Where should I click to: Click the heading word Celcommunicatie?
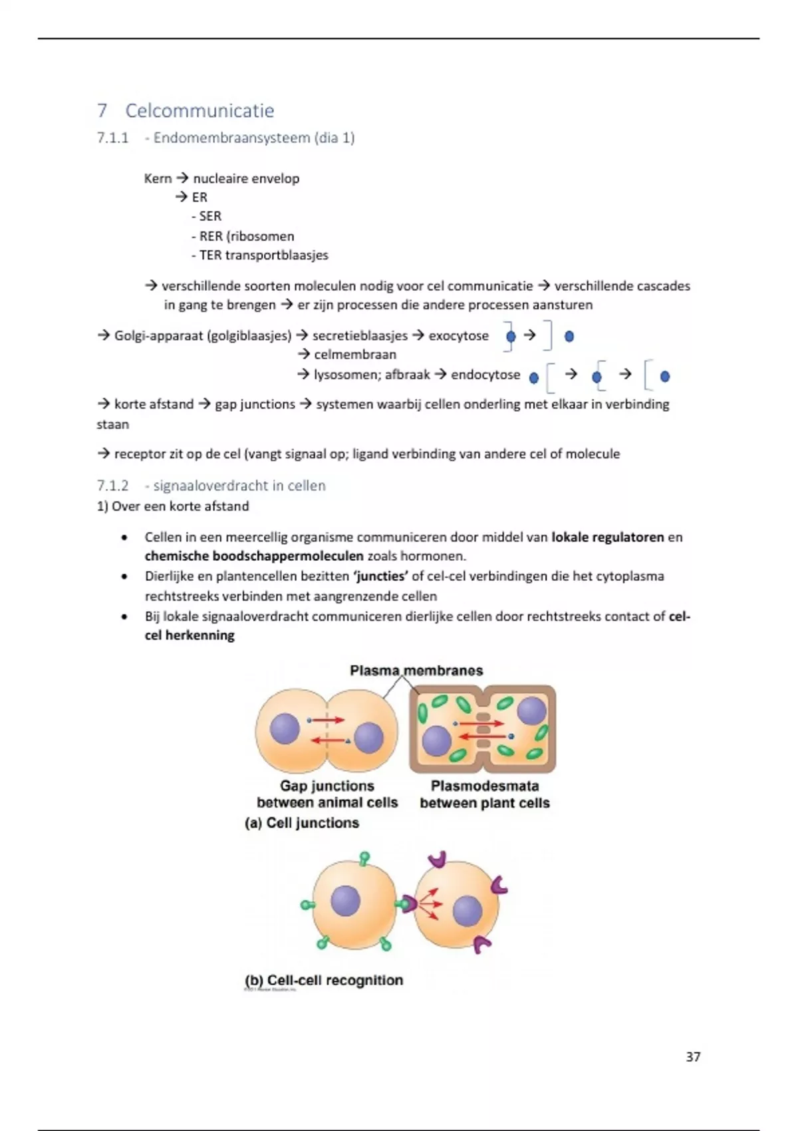point(199,110)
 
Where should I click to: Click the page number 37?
point(693,1056)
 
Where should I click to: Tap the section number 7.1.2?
point(112,486)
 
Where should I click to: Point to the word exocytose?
point(458,335)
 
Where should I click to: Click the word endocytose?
point(485,375)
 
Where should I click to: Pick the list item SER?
point(209,216)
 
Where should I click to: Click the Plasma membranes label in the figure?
point(416,671)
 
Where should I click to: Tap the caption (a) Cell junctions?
point(302,823)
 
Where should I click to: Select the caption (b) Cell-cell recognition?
point(324,980)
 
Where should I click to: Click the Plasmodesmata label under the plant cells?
point(485,786)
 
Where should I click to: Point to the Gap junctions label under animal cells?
point(327,786)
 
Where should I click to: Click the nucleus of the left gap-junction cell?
point(285,728)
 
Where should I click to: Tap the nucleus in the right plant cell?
point(531,711)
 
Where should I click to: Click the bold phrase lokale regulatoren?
point(607,537)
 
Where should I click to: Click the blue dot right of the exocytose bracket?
point(569,336)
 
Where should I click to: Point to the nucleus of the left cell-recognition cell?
point(345,901)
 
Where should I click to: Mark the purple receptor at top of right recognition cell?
point(437,859)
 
